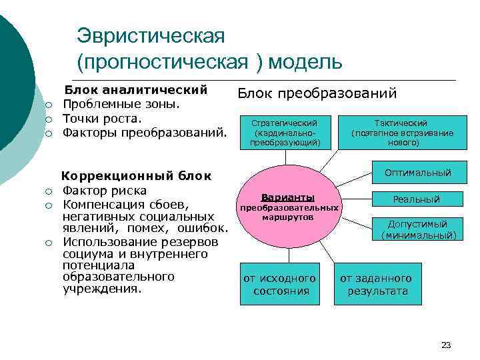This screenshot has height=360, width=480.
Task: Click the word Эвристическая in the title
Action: (151, 34)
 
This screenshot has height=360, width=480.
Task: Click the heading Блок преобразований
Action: (317, 93)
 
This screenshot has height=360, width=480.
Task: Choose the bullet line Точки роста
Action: (102, 119)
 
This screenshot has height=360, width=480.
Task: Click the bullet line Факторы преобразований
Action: (145, 133)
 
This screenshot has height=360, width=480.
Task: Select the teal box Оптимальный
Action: (417, 173)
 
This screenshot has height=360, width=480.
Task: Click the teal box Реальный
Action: (417, 199)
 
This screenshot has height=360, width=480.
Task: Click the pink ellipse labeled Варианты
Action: (288, 207)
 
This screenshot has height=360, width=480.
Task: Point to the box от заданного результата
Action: (377, 285)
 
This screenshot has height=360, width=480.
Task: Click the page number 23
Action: (446, 345)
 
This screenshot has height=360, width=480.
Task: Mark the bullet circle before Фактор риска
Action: (49, 191)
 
